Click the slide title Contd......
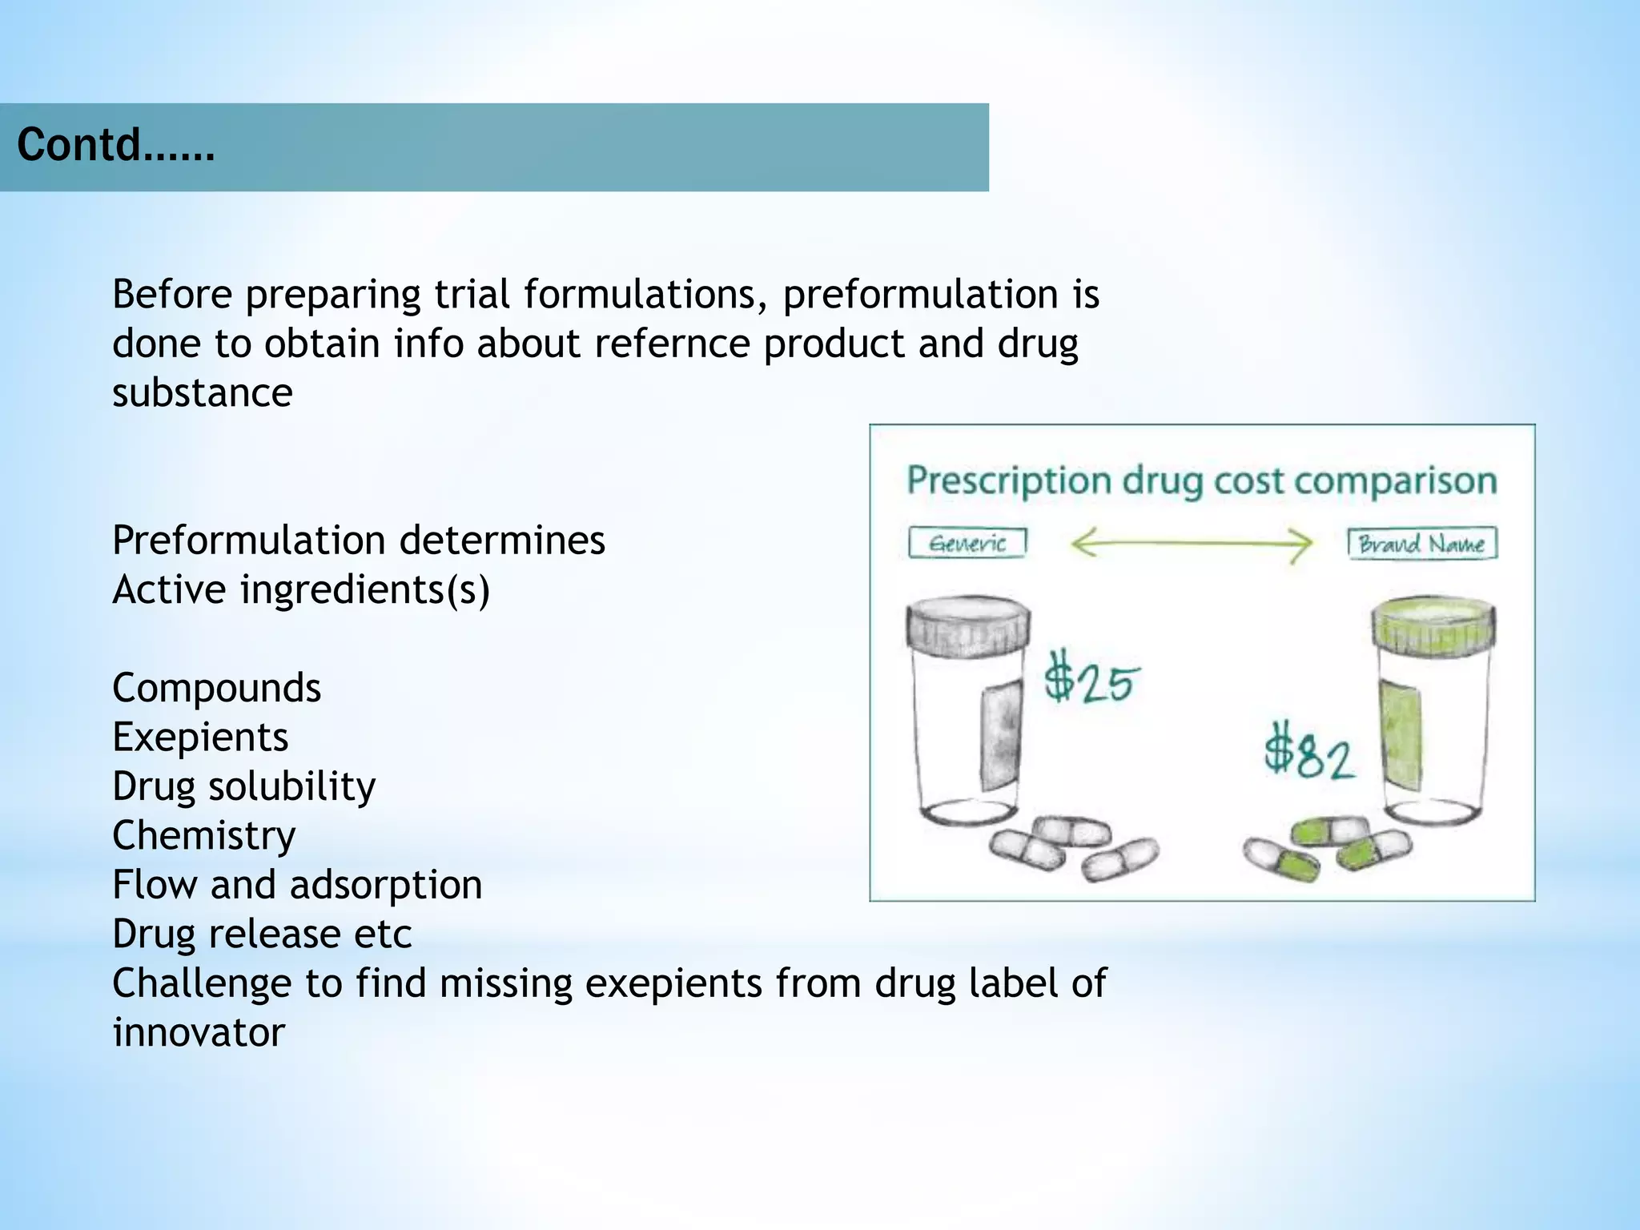[x=115, y=146]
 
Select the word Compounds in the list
[x=216, y=688]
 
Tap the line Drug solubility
[x=243, y=786]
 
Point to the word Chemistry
[x=203, y=836]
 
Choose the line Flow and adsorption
[x=297, y=885]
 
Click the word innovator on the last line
[x=199, y=1032]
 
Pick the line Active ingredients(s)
[x=300, y=589]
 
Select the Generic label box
[x=967, y=544]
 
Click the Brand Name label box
[x=1422, y=544]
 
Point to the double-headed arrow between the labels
[x=1191, y=544]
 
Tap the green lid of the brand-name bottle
[x=1433, y=625]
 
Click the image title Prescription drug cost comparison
[x=1201, y=481]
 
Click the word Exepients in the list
[x=200, y=738]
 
